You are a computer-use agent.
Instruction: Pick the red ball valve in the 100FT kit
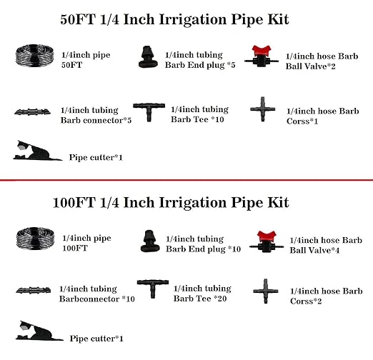270,242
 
